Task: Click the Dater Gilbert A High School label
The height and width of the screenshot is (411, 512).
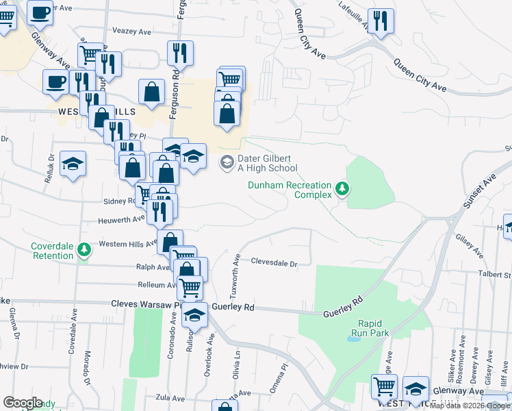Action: (267, 163)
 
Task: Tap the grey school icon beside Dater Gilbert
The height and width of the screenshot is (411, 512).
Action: (226, 163)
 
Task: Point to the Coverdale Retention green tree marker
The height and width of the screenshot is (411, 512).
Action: (84, 250)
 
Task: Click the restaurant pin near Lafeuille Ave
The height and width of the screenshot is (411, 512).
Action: (381, 21)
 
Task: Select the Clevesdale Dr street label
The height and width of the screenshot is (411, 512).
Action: (274, 262)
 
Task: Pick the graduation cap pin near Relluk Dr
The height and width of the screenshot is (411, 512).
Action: (73, 164)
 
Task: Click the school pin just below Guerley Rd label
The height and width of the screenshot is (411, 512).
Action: (195, 316)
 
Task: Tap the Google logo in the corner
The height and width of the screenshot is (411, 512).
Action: (23, 403)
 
